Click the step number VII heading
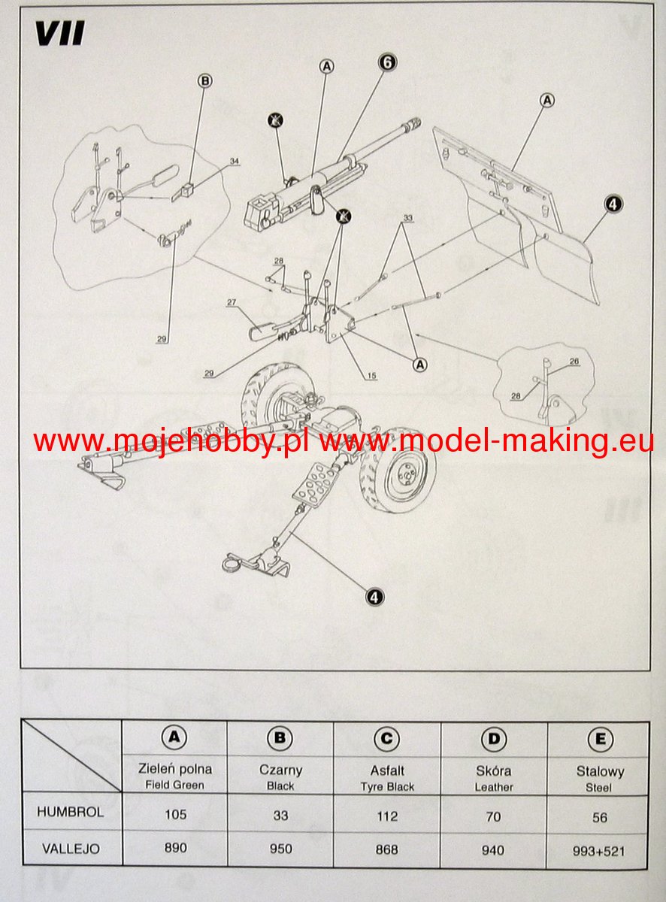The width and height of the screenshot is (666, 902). click(60, 33)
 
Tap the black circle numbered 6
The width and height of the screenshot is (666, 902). click(387, 62)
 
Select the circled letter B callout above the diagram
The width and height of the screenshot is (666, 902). click(205, 81)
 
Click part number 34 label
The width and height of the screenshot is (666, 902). click(235, 162)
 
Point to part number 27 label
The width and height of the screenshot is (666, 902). click(232, 302)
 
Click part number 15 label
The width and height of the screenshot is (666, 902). click(372, 375)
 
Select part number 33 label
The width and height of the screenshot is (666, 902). click(407, 218)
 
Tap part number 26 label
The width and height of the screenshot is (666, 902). click(574, 361)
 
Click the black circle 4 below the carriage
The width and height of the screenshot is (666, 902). click(374, 597)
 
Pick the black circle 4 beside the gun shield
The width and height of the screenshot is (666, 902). click(613, 204)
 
